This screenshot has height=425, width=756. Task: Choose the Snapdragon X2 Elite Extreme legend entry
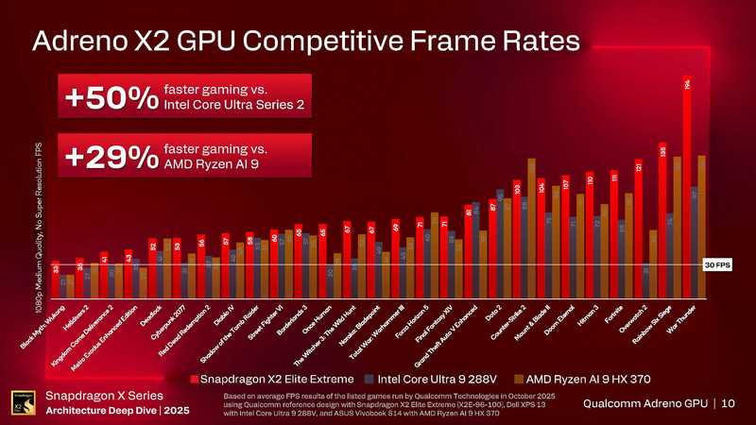tap(273, 379)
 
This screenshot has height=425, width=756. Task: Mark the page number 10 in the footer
tap(729, 403)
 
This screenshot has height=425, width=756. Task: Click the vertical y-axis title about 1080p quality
tap(39, 221)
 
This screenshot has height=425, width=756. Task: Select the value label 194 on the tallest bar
tap(687, 85)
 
